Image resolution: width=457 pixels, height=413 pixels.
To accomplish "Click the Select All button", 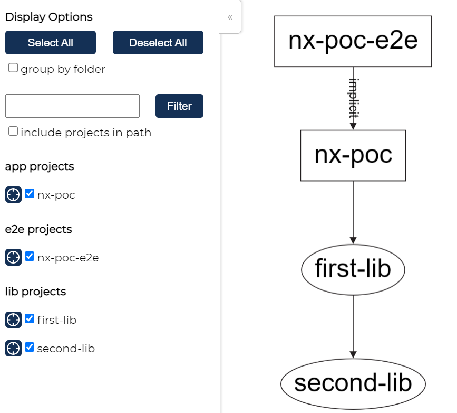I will tap(51, 43).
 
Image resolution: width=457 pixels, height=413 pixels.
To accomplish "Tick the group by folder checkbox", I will tap(13, 68).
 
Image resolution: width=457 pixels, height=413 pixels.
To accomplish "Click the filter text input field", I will tap(72, 106).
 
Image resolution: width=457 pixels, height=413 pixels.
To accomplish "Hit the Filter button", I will tap(179, 106).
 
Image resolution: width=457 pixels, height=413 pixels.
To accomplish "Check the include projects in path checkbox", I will tap(13, 132).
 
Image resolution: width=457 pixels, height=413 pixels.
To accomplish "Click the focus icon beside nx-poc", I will tap(13, 194).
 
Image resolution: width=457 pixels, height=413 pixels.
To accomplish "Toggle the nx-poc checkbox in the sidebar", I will tap(30, 194).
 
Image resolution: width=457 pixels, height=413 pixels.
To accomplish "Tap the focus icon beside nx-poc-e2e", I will tap(13, 257).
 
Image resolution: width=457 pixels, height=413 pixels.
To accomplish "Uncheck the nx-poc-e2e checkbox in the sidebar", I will tap(30, 257).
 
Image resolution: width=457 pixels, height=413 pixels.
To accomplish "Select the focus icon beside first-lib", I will tap(13, 320).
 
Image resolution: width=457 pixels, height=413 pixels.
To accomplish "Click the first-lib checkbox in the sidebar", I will tap(30, 319).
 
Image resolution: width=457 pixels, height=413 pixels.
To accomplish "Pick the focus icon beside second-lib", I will tap(13, 348).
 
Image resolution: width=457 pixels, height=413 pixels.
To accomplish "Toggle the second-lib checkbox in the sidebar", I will tap(30, 348).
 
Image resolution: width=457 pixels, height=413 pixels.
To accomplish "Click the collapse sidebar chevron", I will tap(230, 17).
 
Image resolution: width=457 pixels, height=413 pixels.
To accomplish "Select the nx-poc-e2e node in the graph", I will tap(353, 41).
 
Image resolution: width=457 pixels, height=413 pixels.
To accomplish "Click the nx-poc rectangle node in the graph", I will tap(353, 155).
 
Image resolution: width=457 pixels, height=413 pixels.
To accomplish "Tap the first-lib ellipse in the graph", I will tap(353, 269).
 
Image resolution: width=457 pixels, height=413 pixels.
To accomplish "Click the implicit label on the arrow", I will tap(354, 98).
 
